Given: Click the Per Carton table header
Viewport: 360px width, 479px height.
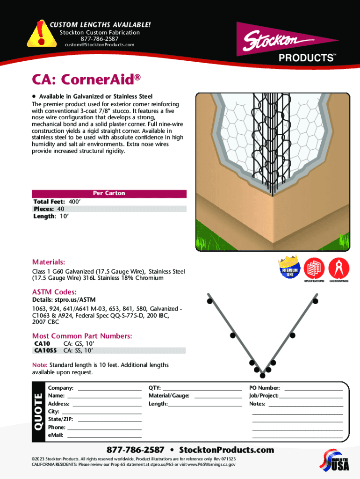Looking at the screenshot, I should pos(109,193).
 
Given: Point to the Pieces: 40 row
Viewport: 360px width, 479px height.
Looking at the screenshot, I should pos(49,209).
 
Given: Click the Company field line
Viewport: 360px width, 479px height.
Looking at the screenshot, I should pos(109,388).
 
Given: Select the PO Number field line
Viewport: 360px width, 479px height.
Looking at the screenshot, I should pos(313,388).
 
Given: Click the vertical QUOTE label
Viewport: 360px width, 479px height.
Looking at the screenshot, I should pos(38,412).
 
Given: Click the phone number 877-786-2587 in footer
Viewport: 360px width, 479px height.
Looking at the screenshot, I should pos(136,450).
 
